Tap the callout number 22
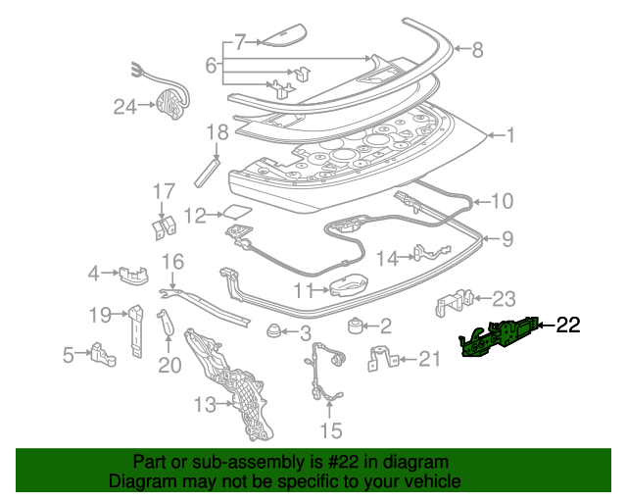tap(568, 326)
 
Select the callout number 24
tap(124, 106)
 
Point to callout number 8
tap(477, 49)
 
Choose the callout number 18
tap(217, 133)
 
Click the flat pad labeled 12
tap(235, 211)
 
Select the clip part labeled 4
tap(128, 272)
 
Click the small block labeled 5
tap(102, 353)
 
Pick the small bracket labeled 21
tap(382, 360)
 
